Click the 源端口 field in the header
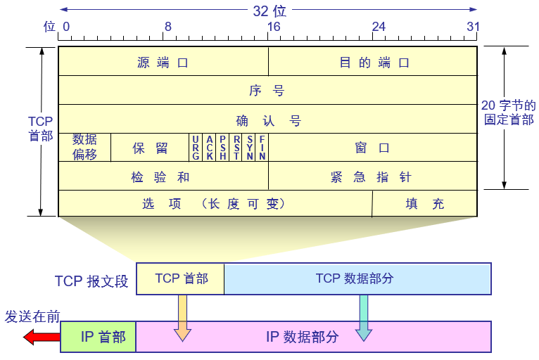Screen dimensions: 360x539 (x=163, y=62)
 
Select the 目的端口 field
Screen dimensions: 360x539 (x=374, y=62)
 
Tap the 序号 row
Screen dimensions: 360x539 (x=267, y=91)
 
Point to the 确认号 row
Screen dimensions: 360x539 (x=267, y=120)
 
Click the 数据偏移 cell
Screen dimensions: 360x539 (x=84, y=147)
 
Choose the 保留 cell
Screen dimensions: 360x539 (x=150, y=148)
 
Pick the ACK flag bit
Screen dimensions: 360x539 (x=209, y=148)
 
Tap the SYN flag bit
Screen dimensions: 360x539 (x=249, y=148)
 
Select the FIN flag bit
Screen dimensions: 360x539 (x=262, y=148)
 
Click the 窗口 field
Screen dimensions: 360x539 (x=373, y=148)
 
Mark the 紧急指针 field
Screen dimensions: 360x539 (x=373, y=176)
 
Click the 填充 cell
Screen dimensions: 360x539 (x=424, y=204)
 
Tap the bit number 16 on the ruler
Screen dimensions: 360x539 (x=273, y=27)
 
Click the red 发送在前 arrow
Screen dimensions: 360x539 (x=42, y=337)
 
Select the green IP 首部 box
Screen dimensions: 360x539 (x=99, y=337)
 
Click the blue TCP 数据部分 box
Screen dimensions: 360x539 (x=357, y=278)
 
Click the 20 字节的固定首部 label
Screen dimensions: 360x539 (x=508, y=112)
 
